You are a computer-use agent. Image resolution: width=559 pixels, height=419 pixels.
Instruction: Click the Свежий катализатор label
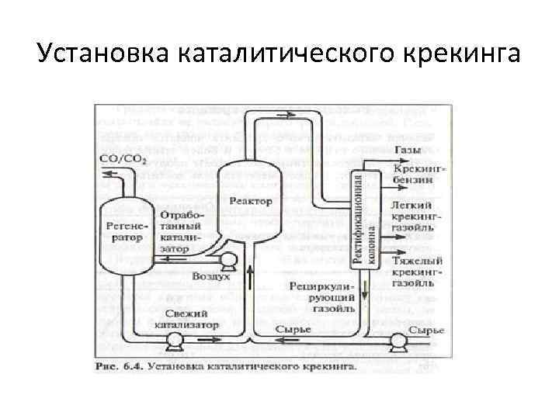click(186, 318)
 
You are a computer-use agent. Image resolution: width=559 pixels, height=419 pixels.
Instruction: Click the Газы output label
click(408, 149)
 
